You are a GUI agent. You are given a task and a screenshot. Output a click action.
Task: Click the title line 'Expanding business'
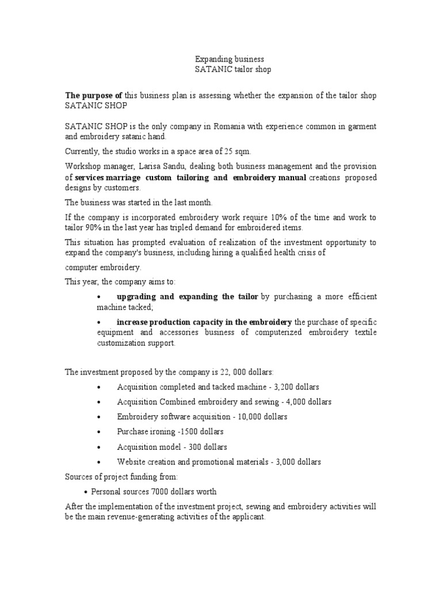[230, 59]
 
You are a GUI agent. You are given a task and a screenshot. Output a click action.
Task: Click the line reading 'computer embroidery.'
[102, 268]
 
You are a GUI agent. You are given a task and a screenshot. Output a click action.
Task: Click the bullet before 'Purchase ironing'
[100, 432]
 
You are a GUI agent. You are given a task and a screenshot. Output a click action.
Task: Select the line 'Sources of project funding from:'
[121, 477]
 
